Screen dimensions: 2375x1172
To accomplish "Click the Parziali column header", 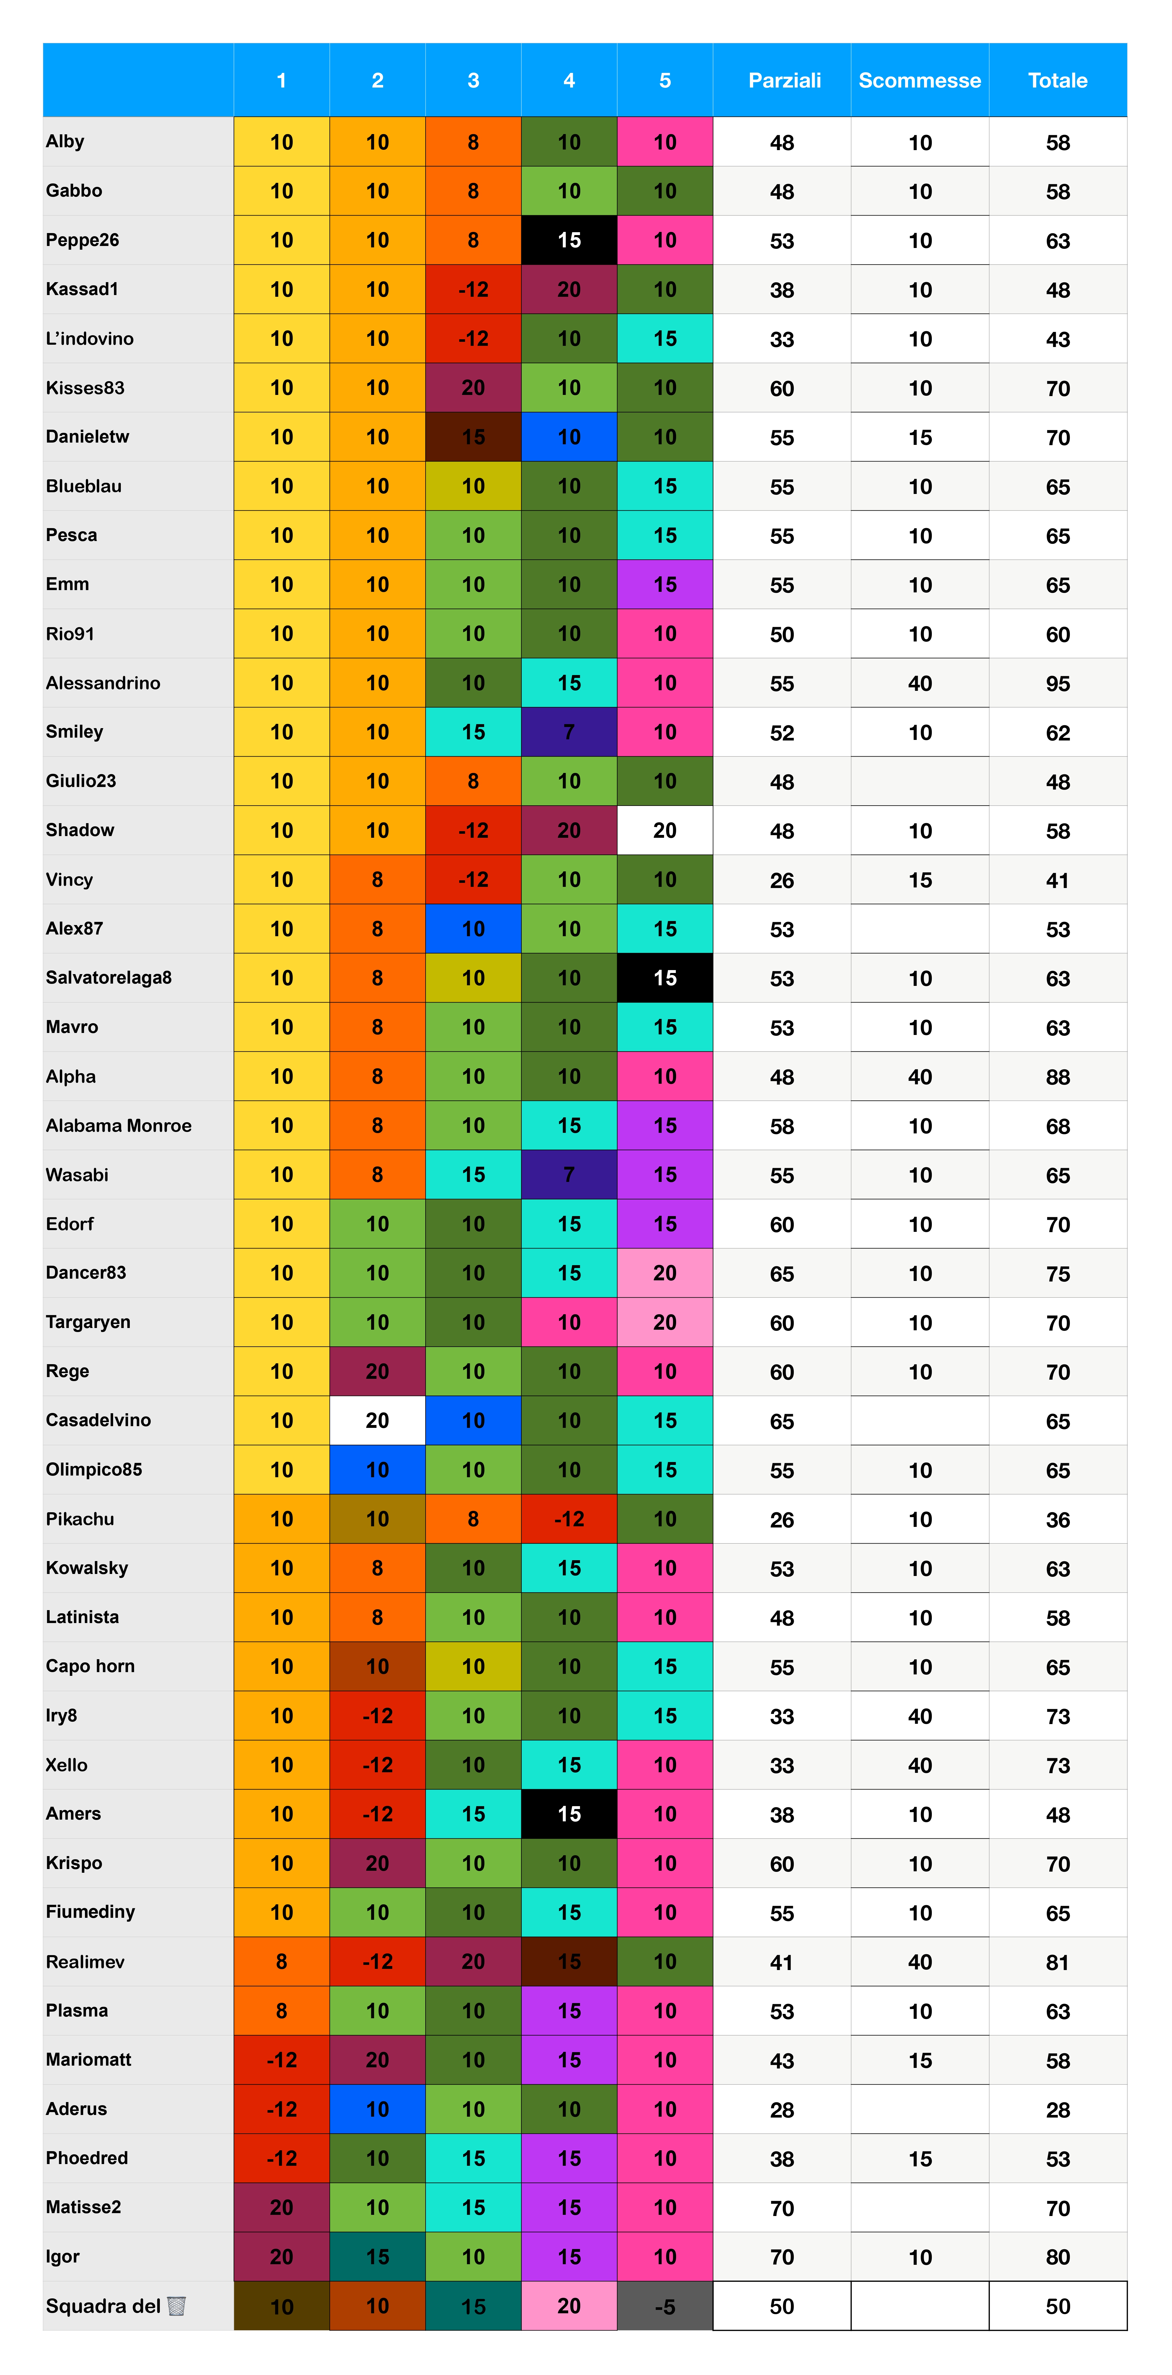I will click(784, 80).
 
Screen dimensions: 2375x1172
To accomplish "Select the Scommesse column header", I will click(919, 80).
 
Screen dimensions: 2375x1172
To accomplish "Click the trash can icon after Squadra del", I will click(176, 2306).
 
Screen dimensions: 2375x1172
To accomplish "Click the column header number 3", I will click(473, 80).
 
